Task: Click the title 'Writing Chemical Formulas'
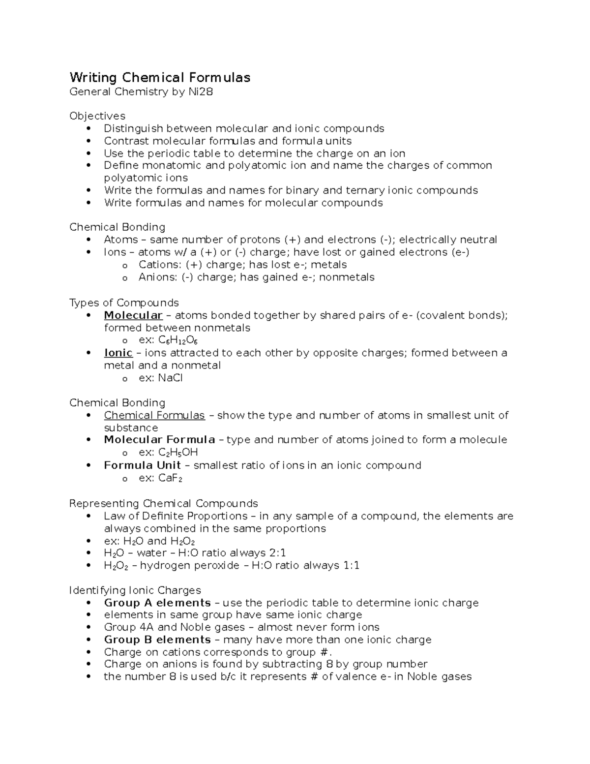(160, 78)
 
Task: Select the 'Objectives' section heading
(97, 116)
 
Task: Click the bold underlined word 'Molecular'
(133, 315)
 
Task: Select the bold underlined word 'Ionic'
(118, 353)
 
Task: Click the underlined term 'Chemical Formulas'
(154, 415)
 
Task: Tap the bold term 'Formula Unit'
(142, 465)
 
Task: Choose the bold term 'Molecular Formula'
(159, 440)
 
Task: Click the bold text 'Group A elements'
(157, 603)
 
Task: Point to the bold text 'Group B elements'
(157, 640)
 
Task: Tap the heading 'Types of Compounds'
(124, 303)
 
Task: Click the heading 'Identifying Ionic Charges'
(135, 590)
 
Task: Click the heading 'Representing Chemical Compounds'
(163, 504)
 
